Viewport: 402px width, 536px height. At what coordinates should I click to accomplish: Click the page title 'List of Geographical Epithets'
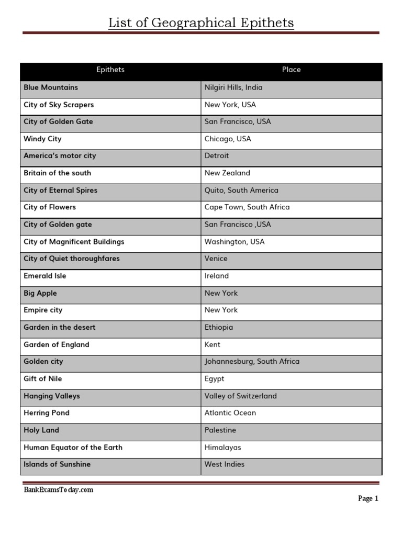[x=201, y=23]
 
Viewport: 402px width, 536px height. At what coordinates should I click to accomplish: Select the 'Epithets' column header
[x=110, y=70]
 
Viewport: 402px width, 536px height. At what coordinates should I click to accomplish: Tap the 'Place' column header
[x=291, y=70]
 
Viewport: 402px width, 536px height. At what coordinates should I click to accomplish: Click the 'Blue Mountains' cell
[x=51, y=87]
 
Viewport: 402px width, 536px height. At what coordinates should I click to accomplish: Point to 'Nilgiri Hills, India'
[x=233, y=87]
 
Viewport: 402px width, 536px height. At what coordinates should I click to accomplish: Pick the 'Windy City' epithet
[x=42, y=139]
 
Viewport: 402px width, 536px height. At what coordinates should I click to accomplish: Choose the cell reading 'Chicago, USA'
[x=228, y=139]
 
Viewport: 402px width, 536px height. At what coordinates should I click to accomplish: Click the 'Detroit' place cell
[x=217, y=156]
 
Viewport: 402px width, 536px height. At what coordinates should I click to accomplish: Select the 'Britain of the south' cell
[x=57, y=173]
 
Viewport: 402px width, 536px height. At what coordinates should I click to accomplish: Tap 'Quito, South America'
[x=241, y=190]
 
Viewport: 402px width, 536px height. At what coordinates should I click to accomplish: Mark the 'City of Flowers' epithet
[x=50, y=207]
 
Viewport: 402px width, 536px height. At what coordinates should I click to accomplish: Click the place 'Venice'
[x=216, y=259]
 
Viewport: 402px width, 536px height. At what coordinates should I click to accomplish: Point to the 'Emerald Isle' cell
[x=45, y=276]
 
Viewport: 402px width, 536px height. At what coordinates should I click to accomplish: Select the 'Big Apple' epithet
[x=40, y=293]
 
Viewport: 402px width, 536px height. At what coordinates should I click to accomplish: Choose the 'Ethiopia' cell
[x=219, y=327]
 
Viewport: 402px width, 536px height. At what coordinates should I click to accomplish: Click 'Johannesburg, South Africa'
[x=252, y=362]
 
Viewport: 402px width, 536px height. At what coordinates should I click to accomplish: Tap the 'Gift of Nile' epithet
[x=43, y=378]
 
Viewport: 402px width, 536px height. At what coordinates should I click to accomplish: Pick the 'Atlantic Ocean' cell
[x=230, y=413]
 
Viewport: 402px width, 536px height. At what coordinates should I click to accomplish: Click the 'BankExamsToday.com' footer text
[x=59, y=490]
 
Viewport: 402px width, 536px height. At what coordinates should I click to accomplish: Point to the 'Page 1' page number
[x=368, y=499]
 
